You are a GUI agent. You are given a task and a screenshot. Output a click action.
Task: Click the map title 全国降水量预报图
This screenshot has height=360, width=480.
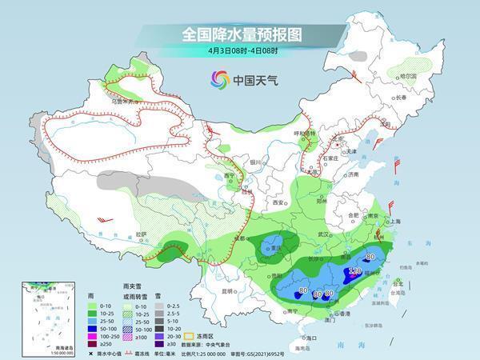240,34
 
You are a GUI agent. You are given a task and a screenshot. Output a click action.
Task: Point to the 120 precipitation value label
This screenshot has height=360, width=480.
354,272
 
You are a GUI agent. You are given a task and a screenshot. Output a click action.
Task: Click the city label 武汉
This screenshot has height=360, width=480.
323,234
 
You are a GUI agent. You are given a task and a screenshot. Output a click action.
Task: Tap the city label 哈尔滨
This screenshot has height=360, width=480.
410,75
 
